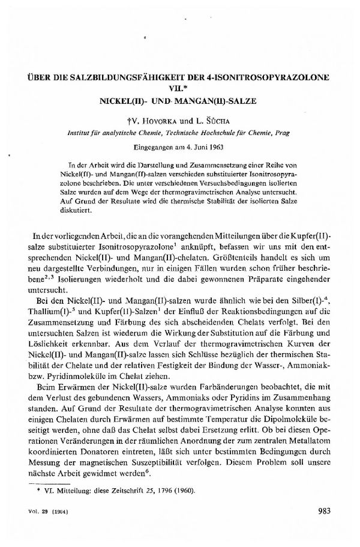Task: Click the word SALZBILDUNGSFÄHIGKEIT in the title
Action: click(x=128, y=79)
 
